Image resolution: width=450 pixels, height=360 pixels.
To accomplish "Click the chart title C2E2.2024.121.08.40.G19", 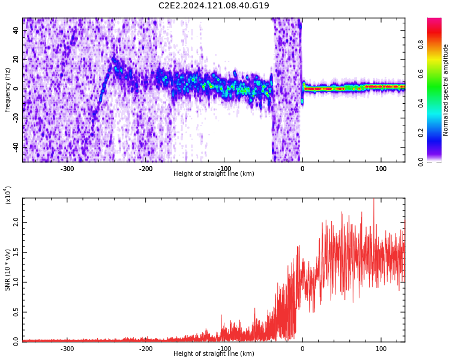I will [214, 6].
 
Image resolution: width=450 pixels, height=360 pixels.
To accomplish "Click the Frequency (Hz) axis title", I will [8, 90].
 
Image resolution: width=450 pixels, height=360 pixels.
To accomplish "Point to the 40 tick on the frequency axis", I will [16, 31].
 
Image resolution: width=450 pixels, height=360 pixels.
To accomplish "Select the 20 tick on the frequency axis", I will [16, 60].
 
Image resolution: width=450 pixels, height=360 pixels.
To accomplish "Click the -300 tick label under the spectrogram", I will [67, 169].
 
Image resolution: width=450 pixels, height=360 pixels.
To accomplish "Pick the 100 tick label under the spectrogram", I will [381, 169].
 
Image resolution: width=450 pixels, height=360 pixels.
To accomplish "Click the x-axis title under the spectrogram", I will [214, 174].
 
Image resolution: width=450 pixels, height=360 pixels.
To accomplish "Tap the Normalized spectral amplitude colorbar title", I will [446, 90].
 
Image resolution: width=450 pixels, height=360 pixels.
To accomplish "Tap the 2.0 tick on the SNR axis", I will [16, 222].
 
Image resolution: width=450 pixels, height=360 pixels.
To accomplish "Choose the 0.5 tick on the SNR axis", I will [16, 312].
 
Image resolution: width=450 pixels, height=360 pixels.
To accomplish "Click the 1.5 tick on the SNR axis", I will [16, 252].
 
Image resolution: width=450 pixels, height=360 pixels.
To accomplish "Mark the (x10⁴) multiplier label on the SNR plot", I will [8, 195].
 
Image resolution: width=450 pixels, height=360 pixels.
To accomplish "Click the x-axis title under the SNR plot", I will [214, 354].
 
